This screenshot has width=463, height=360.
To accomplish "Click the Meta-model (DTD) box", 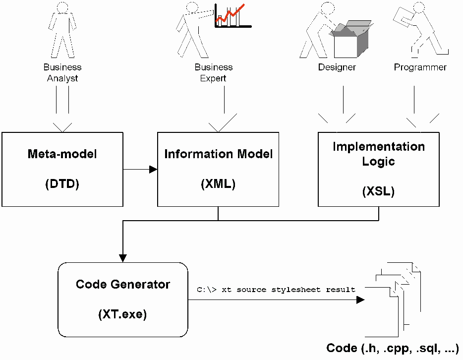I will coord(62,169).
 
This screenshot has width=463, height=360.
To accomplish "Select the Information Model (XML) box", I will coord(218,169).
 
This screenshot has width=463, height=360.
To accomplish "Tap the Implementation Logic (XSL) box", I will coord(378,169).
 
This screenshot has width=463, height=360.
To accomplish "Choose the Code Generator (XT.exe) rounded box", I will coord(122,299).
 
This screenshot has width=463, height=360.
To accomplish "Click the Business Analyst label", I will coord(62,72).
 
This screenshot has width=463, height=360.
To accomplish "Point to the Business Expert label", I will coord(213,72).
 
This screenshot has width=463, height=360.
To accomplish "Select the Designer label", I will coord(337,67).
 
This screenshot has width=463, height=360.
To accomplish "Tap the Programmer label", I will coord(420,67).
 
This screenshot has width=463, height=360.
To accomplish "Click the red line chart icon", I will coord(232,15).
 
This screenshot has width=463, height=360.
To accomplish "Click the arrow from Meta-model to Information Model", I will coord(140,170).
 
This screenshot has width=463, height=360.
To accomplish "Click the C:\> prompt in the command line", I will coord(206,289).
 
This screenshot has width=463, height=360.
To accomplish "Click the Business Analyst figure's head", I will coord(62,7).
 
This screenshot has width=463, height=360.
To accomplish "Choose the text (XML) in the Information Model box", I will coord(218,184).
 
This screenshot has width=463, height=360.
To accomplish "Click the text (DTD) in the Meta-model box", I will coord(62,184).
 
